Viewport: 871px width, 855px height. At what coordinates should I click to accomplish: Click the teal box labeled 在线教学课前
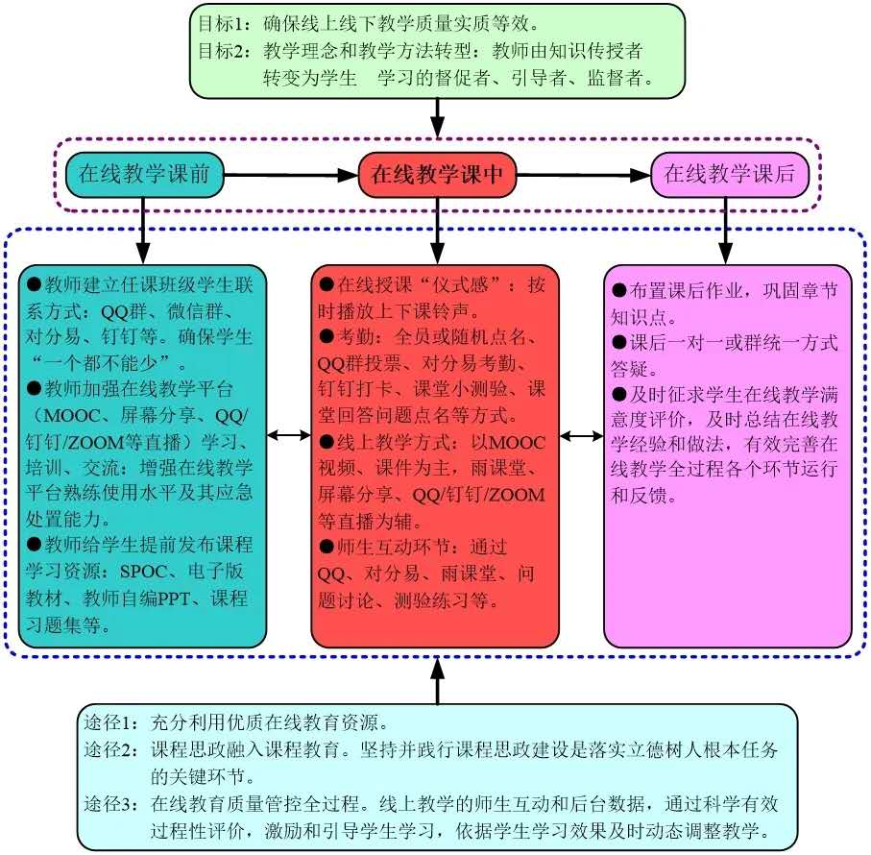coord(143,175)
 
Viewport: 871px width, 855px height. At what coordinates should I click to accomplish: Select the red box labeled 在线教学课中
coord(438,175)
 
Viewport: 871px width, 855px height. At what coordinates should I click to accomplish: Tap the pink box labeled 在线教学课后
coord(730,175)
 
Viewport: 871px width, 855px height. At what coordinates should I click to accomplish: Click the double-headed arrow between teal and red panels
coord(288,435)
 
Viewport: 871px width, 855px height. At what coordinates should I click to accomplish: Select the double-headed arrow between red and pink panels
coord(581,435)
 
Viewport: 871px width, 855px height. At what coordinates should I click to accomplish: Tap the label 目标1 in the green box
coord(218,22)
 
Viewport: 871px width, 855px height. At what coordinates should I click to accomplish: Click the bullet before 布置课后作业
coord(619,290)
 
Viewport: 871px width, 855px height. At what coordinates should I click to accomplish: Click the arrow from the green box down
coord(438,120)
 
